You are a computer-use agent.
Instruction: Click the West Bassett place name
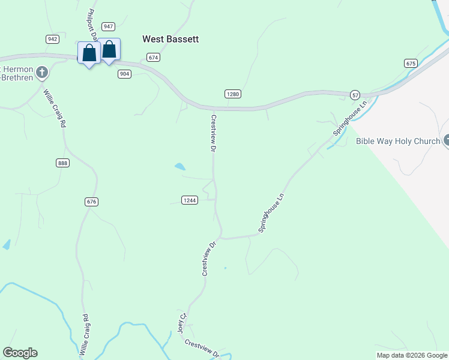(170, 39)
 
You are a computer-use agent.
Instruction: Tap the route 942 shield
(52, 39)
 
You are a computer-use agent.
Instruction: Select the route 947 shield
(109, 26)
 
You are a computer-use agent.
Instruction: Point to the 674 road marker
(154, 58)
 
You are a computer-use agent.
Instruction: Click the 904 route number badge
(124, 74)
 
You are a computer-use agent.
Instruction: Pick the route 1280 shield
(233, 94)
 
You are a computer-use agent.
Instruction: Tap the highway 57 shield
(355, 95)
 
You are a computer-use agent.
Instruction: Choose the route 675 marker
(411, 63)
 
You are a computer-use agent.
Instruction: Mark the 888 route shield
(62, 163)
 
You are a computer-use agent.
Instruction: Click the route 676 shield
(91, 202)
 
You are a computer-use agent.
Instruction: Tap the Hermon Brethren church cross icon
(41, 73)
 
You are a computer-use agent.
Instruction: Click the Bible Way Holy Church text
(398, 142)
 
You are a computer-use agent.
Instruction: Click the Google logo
(20, 353)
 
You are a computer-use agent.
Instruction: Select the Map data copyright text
(412, 355)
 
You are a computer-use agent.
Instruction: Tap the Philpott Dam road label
(92, 25)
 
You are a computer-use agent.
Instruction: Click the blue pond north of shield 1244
(179, 167)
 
